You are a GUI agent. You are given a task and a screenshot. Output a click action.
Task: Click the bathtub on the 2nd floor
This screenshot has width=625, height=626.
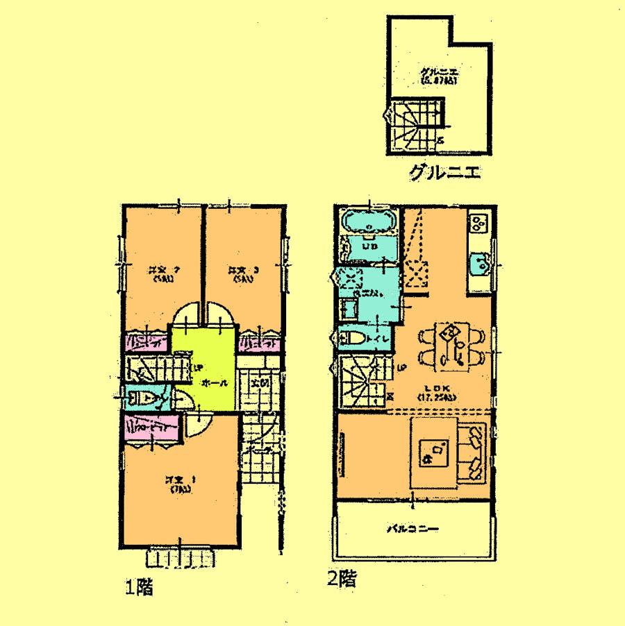(x=368, y=222)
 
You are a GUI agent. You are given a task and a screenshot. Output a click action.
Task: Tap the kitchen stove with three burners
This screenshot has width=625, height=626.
(x=478, y=223)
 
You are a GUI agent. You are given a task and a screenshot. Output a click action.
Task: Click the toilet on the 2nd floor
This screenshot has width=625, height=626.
(x=355, y=338)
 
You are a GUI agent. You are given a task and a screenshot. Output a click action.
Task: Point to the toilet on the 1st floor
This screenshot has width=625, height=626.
(x=142, y=398)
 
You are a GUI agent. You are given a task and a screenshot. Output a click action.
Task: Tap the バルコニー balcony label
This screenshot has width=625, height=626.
(x=412, y=530)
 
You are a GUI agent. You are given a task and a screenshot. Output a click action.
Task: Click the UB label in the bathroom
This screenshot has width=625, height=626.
(x=369, y=246)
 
